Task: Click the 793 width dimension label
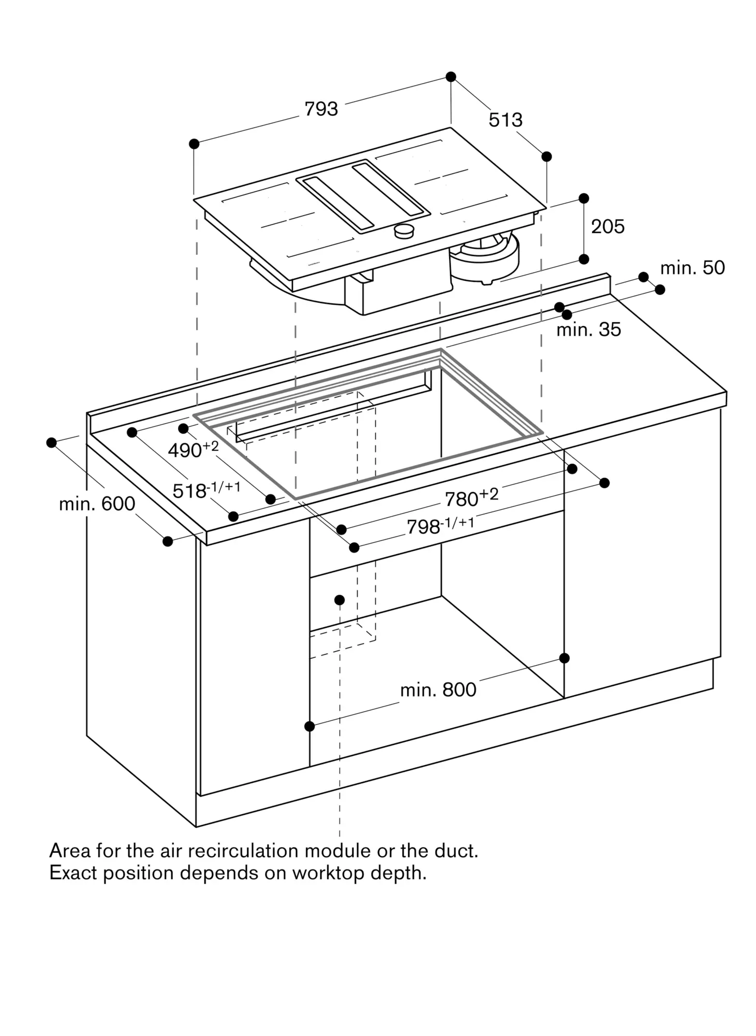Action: (321, 109)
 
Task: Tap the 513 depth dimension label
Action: (506, 120)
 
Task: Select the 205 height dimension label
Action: (608, 226)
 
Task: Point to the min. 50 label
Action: (692, 268)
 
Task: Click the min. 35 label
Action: (588, 329)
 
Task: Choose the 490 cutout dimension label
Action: (193, 449)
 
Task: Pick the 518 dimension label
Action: (206, 490)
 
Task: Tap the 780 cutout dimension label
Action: (471, 497)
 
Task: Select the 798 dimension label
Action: (440, 526)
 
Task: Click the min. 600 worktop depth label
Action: (97, 503)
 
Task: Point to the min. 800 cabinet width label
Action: (438, 690)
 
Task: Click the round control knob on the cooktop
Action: (404, 231)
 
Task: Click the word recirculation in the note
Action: (243, 851)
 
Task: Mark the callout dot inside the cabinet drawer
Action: (339, 600)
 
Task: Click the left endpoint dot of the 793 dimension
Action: (194, 143)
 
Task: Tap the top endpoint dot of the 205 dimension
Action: (584, 198)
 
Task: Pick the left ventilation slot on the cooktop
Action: (338, 204)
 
